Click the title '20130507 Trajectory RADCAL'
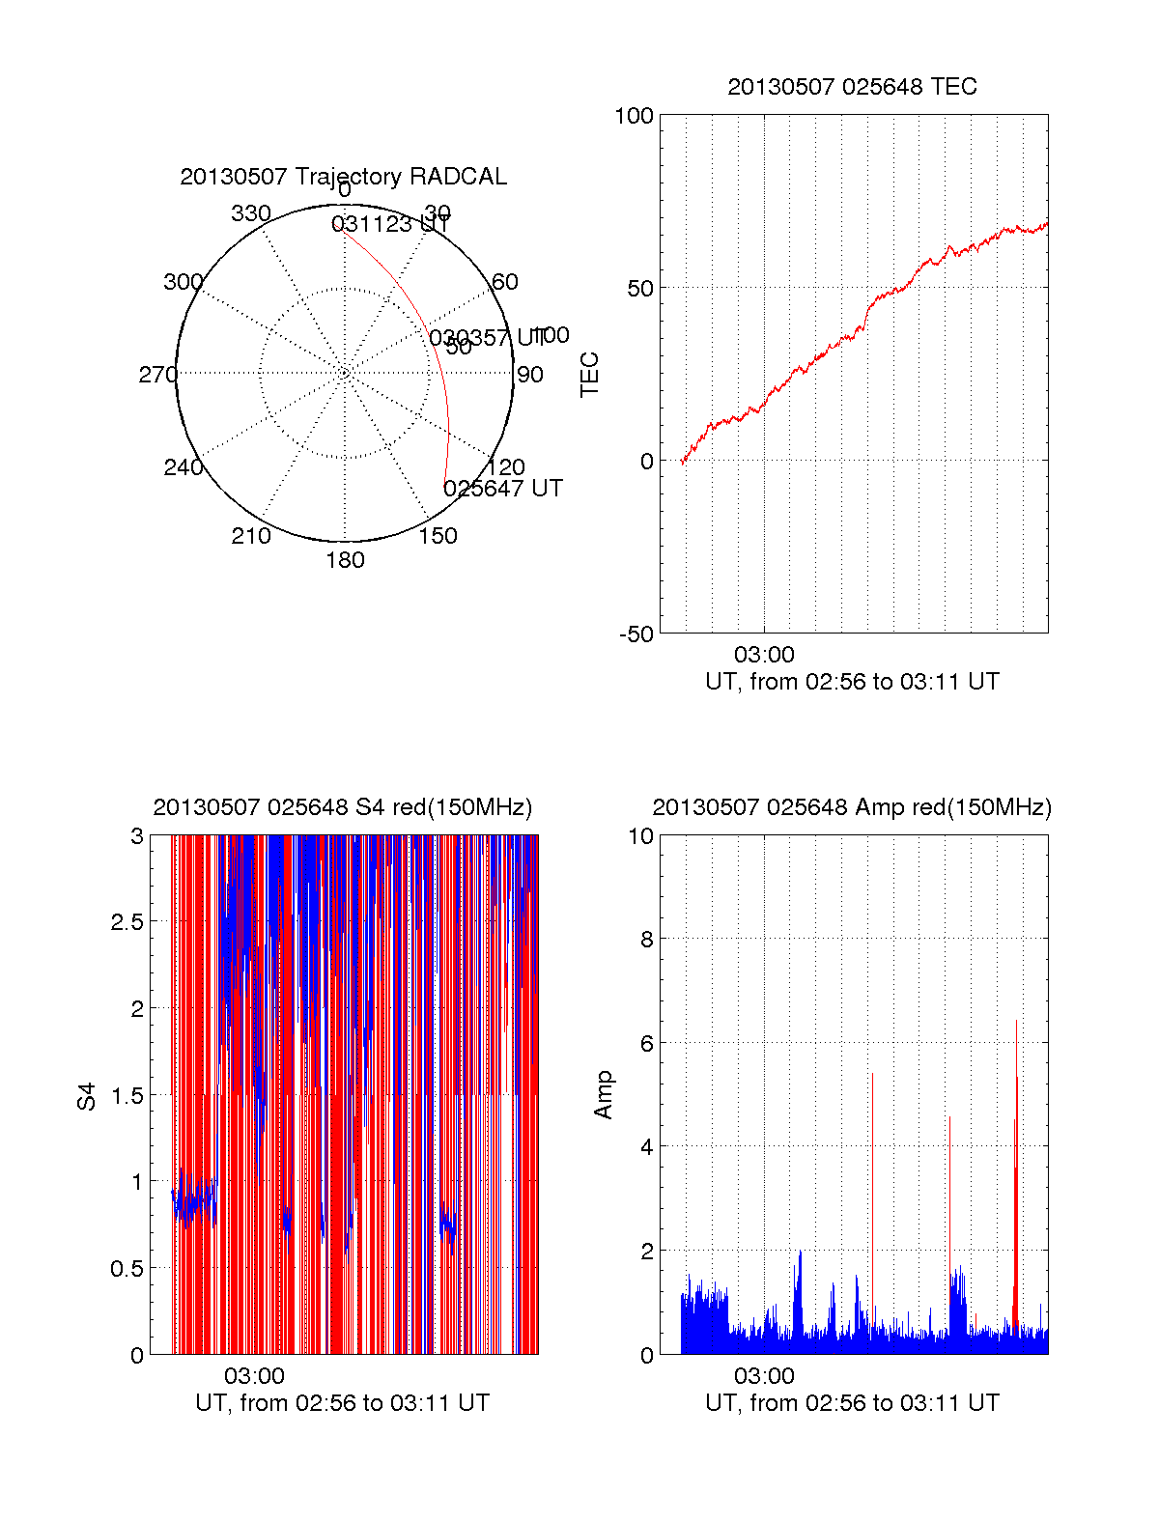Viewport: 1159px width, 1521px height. tap(343, 177)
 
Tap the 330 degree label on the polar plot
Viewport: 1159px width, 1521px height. tap(251, 213)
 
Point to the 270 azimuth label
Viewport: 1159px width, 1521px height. tap(157, 375)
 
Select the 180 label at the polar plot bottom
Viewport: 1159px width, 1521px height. tap(345, 560)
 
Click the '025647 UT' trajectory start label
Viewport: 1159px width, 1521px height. tap(502, 489)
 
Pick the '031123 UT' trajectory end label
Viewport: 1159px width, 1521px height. tap(390, 225)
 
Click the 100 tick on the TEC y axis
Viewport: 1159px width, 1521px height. tap(634, 116)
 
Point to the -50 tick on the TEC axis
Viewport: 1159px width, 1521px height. tap(636, 634)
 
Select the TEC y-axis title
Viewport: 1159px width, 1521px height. tap(589, 375)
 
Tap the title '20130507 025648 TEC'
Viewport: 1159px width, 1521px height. tap(852, 87)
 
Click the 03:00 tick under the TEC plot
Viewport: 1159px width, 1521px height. tap(764, 656)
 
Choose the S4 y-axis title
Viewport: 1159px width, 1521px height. tap(87, 1096)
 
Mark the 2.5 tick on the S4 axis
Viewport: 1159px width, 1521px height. tap(127, 922)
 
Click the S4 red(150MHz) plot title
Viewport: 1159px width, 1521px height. tap(343, 807)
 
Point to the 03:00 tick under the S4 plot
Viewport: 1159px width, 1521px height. tap(254, 1376)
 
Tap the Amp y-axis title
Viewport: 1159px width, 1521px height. tap(604, 1095)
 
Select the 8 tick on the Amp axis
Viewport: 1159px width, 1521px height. tap(647, 940)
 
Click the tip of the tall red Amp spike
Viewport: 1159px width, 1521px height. tap(1016, 1021)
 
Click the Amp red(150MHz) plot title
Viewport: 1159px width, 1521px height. tap(852, 807)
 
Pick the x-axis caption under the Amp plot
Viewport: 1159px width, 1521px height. tap(852, 1403)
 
